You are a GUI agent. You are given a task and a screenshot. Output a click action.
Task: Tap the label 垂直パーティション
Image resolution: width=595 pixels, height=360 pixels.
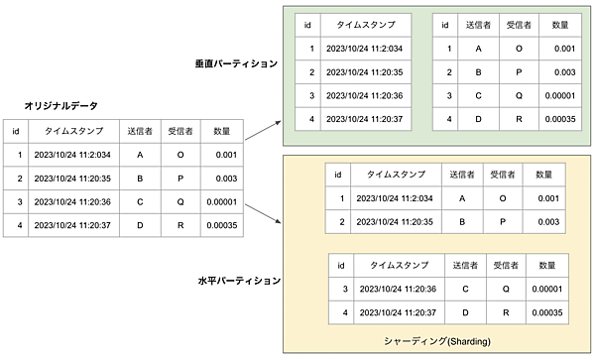[x=236, y=63]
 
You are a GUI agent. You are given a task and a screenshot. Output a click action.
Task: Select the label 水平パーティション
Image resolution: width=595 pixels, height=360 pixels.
[x=236, y=282]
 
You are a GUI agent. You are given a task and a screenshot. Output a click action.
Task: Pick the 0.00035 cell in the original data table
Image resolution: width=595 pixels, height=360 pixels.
[x=222, y=225]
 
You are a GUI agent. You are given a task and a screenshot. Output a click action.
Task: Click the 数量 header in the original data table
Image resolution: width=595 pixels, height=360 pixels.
[x=222, y=131]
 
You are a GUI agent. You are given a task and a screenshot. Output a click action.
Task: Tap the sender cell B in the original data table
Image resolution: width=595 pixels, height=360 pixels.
[x=140, y=179]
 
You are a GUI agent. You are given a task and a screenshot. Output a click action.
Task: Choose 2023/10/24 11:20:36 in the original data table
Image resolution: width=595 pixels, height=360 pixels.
[x=71, y=202]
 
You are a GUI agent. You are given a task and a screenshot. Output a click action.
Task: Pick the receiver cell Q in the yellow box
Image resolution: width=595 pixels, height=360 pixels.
[x=506, y=290]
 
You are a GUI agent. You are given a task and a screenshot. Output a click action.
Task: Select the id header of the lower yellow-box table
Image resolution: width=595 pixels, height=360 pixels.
[x=344, y=266]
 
